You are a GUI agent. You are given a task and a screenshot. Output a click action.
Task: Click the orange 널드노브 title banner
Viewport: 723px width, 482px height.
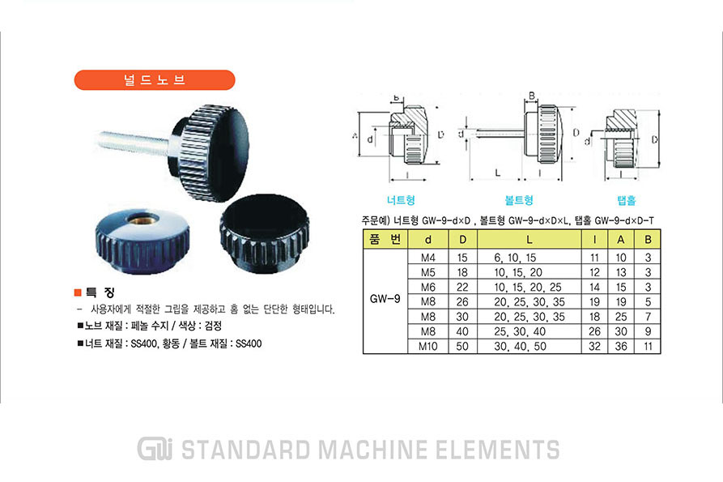point(155,80)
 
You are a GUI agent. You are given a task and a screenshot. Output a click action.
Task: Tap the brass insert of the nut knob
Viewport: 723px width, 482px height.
point(143,219)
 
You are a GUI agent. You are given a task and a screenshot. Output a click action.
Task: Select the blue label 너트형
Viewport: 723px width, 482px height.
point(401,200)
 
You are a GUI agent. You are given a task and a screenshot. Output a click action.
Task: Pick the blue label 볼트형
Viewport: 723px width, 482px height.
point(519,200)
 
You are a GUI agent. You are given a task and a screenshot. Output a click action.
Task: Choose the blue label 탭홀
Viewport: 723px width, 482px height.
point(627,200)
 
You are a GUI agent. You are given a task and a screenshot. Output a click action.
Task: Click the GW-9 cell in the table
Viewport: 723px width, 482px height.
point(385,299)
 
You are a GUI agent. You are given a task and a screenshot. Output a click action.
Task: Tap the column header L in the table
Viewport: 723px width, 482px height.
point(529,240)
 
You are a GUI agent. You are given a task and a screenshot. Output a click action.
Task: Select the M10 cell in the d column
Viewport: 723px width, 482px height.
point(428,346)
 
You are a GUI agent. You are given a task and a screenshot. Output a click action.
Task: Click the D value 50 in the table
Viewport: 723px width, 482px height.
point(462,346)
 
